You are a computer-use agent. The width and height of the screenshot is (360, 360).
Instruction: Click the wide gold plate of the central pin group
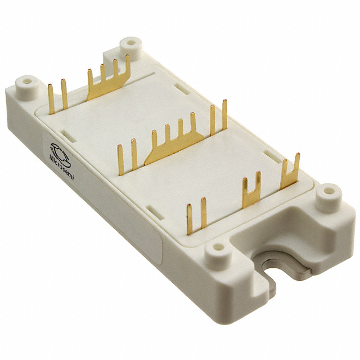point(168,149)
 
